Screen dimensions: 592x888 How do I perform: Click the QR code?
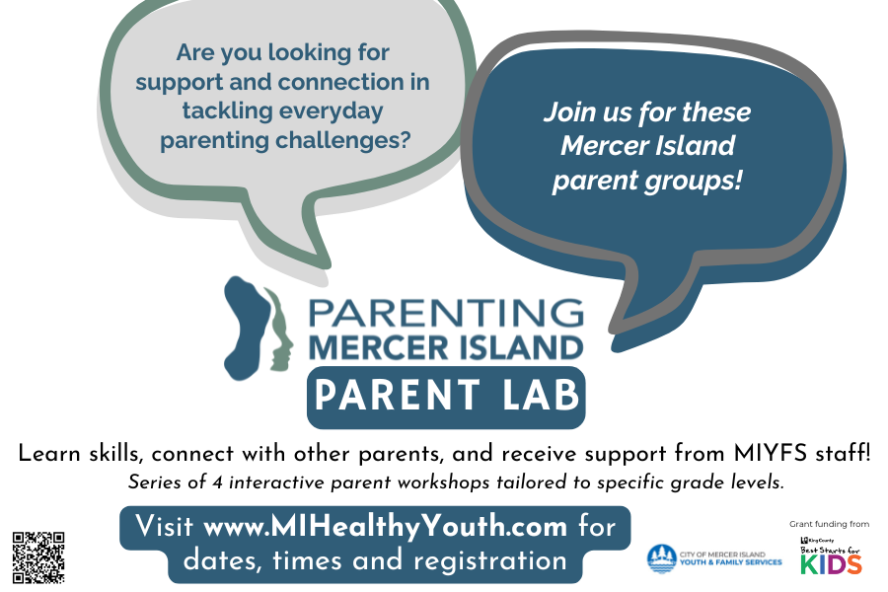pos(38,556)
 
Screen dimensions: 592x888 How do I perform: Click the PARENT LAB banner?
pos(446,396)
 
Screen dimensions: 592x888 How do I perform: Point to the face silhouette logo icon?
pos(259,326)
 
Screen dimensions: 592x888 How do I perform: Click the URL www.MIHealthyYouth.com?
pos(385,526)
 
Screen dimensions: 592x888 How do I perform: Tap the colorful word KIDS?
pos(830,565)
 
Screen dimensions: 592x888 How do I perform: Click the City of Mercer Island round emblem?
pos(660,558)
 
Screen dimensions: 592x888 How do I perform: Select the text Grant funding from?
pos(829,524)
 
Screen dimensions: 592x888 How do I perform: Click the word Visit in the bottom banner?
pos(165,526)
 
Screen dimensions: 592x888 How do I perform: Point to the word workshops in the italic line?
pos(407,483)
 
